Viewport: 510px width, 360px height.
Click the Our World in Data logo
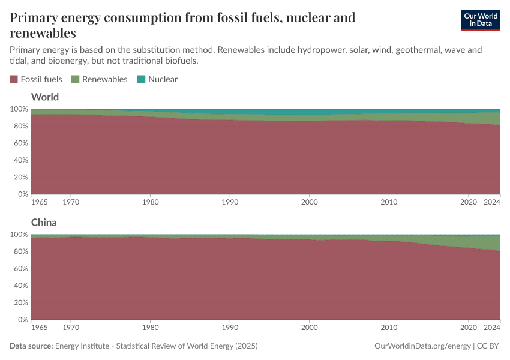coord(480,20)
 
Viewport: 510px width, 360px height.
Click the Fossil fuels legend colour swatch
coord(14,79)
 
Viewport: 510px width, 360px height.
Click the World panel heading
coord(44,97)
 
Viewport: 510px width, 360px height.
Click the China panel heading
coord(44,222)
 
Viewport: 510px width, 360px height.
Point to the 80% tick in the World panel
coord(20,126)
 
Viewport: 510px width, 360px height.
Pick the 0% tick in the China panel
coord(22,320)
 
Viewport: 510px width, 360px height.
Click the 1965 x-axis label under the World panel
coord(39,203)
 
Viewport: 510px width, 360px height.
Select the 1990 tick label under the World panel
coord(230,203)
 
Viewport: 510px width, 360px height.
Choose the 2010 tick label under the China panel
coord(389,328)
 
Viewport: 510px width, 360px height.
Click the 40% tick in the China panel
coord(20,286)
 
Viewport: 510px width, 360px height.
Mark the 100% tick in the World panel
coord(18,109)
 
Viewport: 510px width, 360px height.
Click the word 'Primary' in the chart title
coord(34,17)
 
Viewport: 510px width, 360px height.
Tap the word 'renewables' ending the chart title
coord(43,32)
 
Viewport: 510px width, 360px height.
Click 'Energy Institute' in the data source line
coord(83,346)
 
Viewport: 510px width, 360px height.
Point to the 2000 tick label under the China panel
coord(310,328)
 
